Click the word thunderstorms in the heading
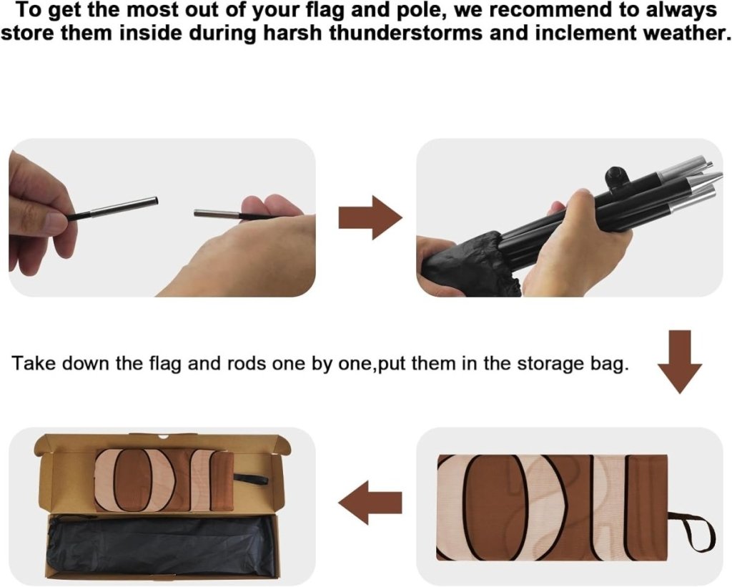pos(406,33)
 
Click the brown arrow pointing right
pos(370,218)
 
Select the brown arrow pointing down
pos(680,362)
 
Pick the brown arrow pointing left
pos(370,503)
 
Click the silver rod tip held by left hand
pos(124,206)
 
